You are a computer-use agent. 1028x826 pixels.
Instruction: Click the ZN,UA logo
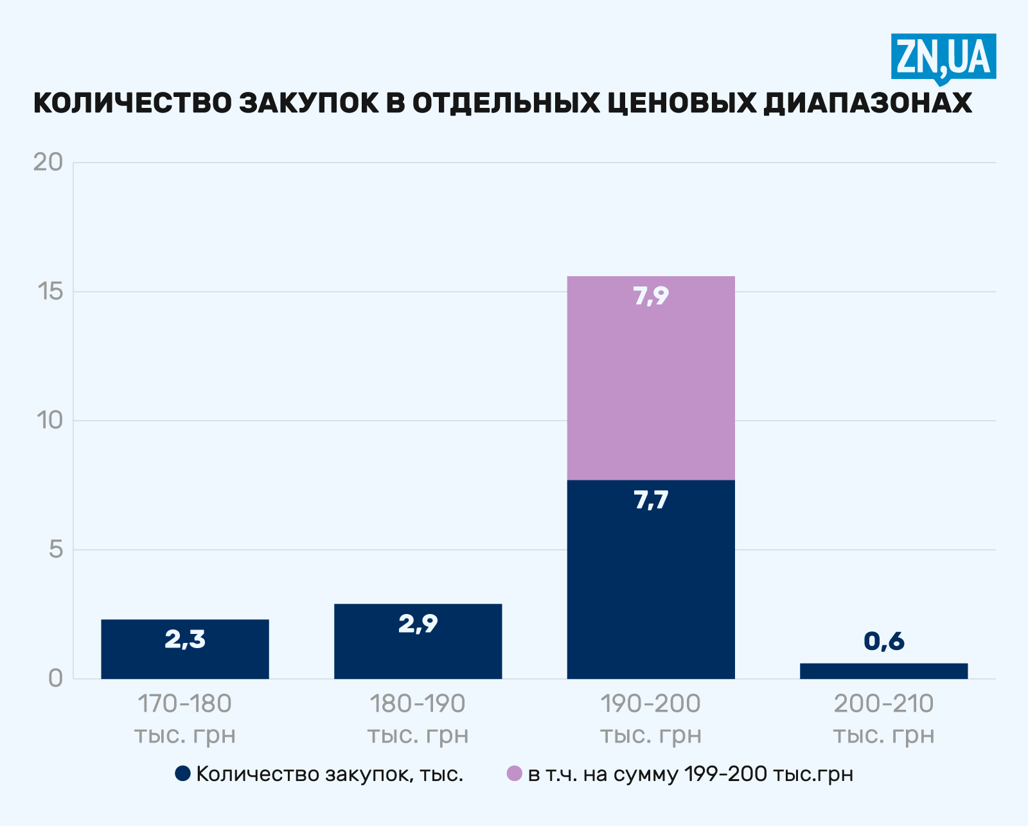coord(943,57)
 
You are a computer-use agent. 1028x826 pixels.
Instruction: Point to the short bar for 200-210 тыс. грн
coord(883,671)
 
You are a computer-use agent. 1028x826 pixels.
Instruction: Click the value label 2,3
coord(185,639)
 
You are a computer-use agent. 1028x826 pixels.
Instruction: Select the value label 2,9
coord(418,624)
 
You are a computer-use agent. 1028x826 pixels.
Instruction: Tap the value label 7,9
coord(651,296)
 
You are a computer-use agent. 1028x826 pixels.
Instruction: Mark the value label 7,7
coord(651,500)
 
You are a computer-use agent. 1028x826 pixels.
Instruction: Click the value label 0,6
coord(883,641)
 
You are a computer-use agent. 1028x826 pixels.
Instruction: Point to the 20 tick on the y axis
coord(48,162)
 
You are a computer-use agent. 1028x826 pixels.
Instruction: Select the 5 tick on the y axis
coord(57,550)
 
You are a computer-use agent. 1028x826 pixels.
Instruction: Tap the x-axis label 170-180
coord(185,704)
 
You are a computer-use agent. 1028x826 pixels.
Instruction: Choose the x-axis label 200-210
coord(883,704)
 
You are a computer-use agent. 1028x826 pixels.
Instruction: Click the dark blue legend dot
coord(182,773)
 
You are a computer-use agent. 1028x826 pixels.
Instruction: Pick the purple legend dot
coord(514,773)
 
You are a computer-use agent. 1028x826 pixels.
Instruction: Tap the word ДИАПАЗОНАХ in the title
coord(868,103)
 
